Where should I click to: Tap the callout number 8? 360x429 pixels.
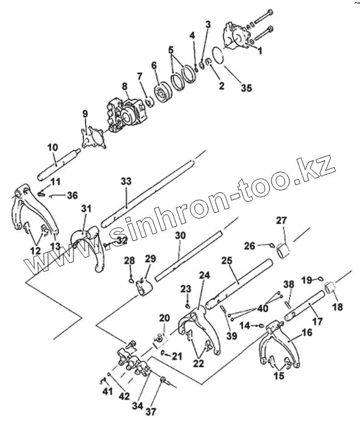pyautogui.click(x=125, y=86)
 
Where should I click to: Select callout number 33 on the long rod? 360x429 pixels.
pyautogui.click(x=126, y=181)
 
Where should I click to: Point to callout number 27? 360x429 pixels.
pyautogui.click(x=281, y=221)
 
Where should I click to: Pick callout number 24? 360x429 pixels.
pyautogui.click(x=203, y=275)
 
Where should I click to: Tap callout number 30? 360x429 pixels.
pyautogui.click(x=180, y=235)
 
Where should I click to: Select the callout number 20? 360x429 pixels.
pyautogui.click(x=164, y=318)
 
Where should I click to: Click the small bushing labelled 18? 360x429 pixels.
pyautogui.click(x=330, y=288)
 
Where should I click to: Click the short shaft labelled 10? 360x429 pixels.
pyautogui.click(x=58, y=165)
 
